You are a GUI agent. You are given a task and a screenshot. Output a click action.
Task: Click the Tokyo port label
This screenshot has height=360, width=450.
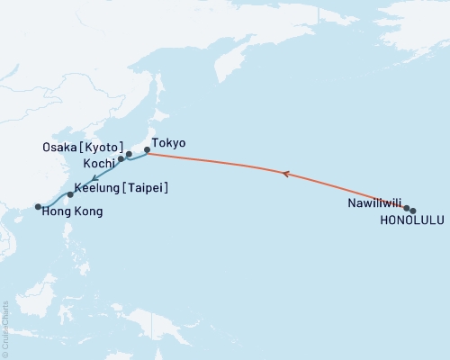tap(168, 142)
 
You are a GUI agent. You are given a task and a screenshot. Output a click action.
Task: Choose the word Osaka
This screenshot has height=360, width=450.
tap(59, 147)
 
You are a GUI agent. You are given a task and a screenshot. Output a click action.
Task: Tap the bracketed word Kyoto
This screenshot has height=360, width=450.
tap(103, 147)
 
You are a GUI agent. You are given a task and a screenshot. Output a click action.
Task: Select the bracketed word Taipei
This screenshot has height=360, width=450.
tap(146, 187)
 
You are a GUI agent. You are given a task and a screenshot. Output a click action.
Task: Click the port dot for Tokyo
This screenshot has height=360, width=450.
tap(147, 153)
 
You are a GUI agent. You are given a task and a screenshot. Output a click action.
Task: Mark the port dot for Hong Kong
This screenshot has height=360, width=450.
tap(38, 207)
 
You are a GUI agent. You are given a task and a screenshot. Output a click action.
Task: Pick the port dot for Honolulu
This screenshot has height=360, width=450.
tap(413, 211)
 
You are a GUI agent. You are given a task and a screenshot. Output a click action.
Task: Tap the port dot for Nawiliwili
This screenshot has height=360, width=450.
tap(407, 208)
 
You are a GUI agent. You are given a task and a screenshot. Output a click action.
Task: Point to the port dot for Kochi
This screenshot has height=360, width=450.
tap(121, 158)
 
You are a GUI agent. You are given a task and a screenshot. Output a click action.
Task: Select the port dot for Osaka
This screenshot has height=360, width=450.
tap(129, 154)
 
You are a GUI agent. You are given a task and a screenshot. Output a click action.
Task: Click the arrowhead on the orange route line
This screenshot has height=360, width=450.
tap(286, 174)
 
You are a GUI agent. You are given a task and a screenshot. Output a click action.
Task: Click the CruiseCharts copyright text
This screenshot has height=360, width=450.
tap(6, 328)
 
